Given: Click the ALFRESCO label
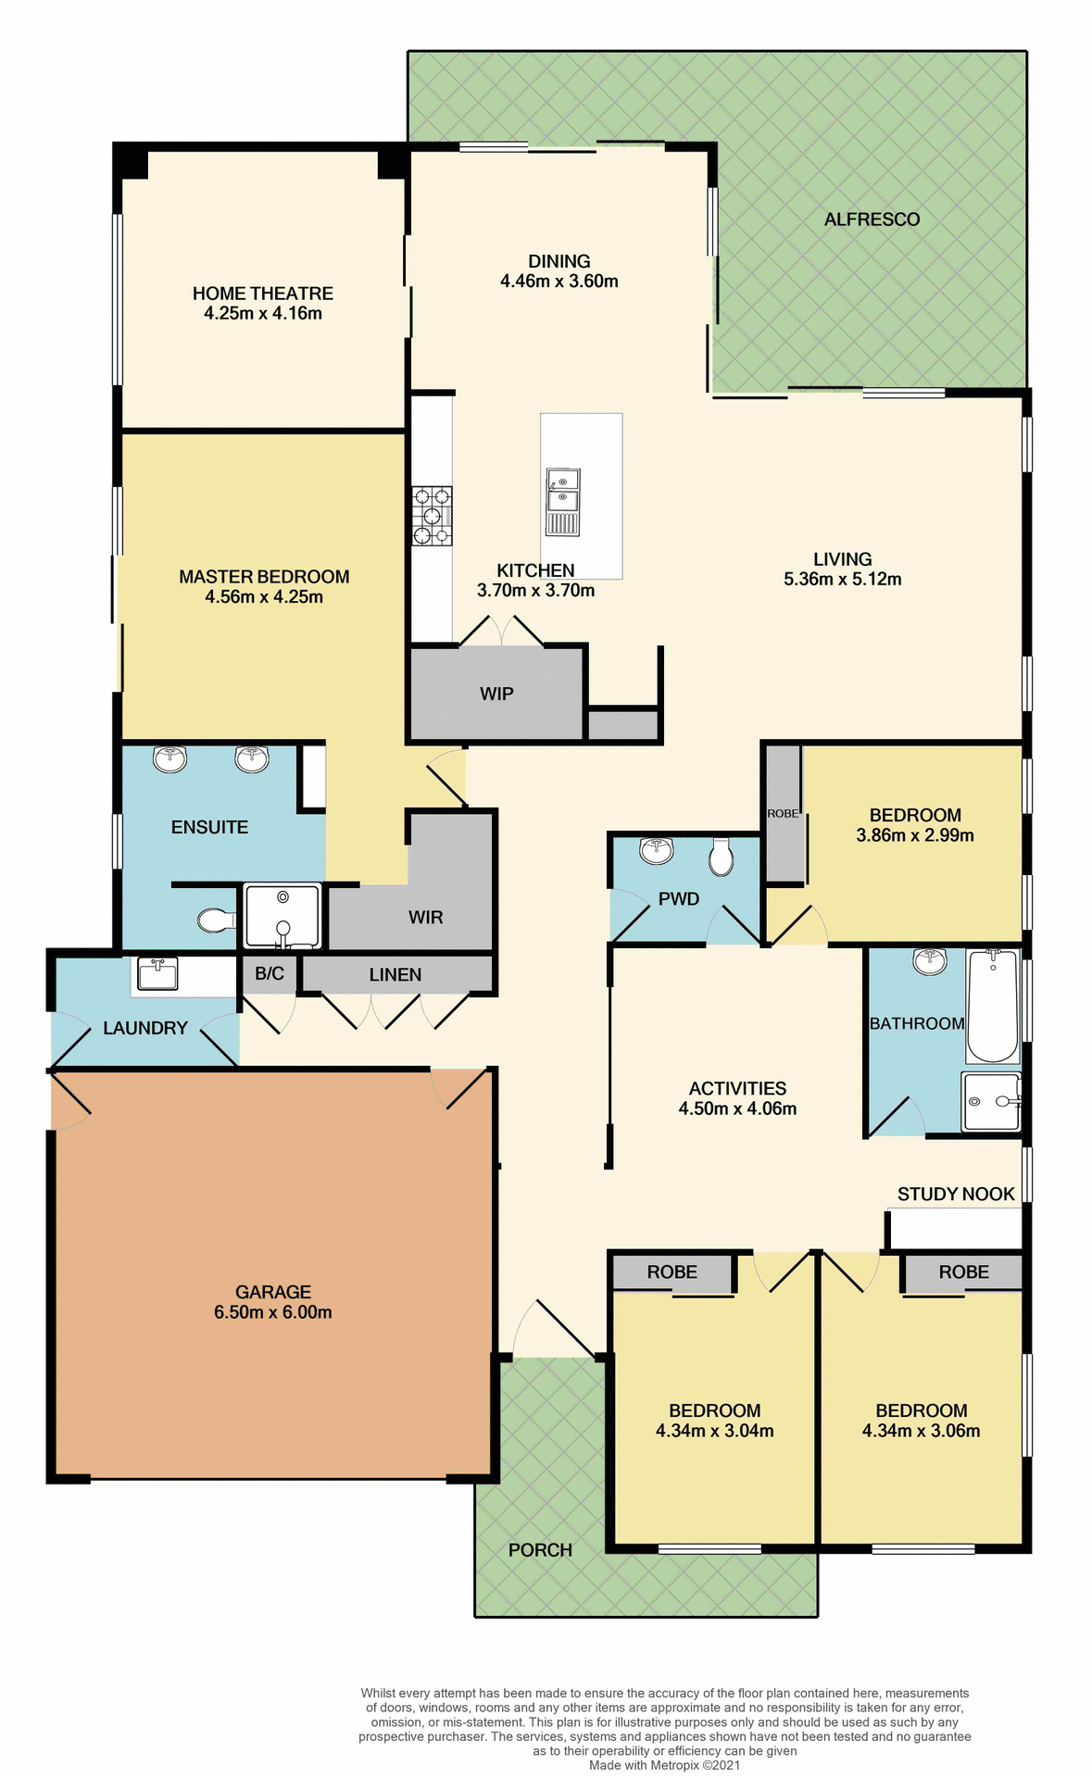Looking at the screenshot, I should pyautogui.click(x=872, y=219).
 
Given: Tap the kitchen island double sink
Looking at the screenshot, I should pyautogui.click(x=562, y=491).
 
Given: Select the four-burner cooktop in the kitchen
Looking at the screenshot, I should pyautogui.click(x=432, y=517).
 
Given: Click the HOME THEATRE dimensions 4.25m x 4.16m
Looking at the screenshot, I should pyautogui.click(x=263, y=314).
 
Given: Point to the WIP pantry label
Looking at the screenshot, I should pyautogui.click(x=496, y=694).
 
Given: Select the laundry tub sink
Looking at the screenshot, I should pyautogui.click(x=157, y=973).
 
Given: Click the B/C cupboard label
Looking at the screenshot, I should pyautogui.click(x=270, y=973).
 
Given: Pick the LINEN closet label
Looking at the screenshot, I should pyautogui.click(x=395, y=974).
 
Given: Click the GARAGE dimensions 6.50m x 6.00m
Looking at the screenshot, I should pyautogui.click(x=272, y=1312).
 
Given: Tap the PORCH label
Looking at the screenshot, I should pyautogui.click(x=540, y=1550).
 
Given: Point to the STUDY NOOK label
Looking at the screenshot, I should pyautogui.click(x=956, y=1195).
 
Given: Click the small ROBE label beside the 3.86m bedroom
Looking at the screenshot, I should pyautogui.click(x=783, y=813).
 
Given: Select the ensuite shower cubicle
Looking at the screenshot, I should pyautogui.click(x=282, y=916).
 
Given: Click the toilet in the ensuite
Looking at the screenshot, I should pyautogui.click(x=215, y=920).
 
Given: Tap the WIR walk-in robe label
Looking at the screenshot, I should pyautogui.click(x=426, y=917).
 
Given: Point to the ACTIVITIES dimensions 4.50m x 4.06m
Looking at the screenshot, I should pyautogui.click(x=737, y=1108).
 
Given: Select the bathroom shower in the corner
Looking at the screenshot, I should pyautogui.click(x=991, y=1101).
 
